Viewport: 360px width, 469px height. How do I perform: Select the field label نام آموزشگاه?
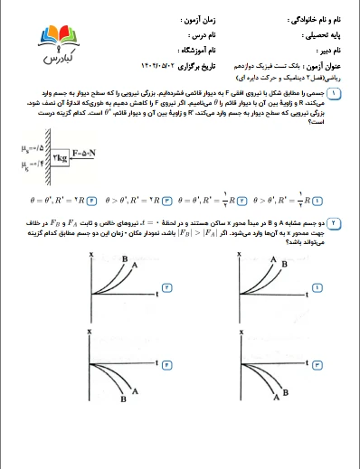pyautogui.click(x=182, y=52)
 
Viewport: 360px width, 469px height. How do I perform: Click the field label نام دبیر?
pyautogui.click(x=328, y=52)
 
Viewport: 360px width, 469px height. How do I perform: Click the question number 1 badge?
pyautogui.click(x=336, y=93)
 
